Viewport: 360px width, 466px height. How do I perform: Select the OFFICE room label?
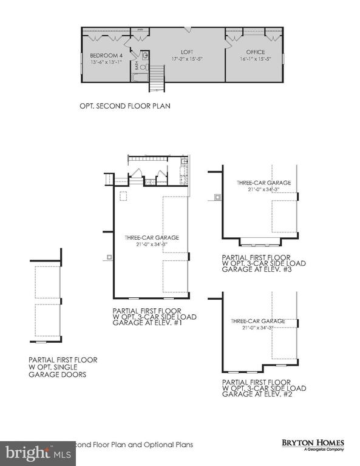256,52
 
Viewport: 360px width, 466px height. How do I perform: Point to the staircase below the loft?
157,78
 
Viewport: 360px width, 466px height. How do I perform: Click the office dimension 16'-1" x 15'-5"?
256,59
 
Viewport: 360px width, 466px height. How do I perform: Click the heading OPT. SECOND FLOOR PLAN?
124,106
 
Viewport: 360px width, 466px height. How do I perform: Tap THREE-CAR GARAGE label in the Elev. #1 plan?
152,238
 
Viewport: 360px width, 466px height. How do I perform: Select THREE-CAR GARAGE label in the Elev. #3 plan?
264,183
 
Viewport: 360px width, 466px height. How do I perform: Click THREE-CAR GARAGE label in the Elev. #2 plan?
257,320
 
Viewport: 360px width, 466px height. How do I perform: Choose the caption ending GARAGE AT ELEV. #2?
264,388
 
